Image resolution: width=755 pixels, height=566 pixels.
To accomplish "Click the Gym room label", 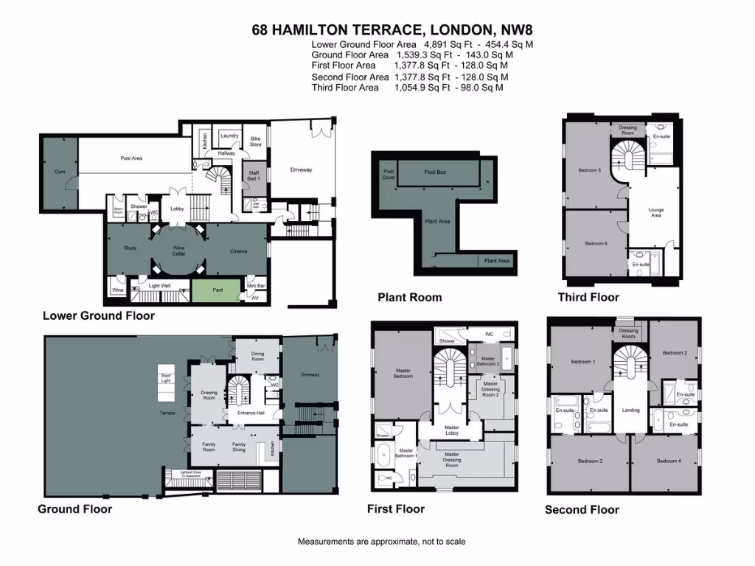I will coord(60,172).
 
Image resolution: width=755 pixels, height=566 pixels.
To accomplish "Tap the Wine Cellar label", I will coord(178,251).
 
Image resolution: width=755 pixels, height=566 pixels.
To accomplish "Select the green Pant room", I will coord(218,290).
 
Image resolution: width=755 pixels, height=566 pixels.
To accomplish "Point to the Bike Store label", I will coord(256,141).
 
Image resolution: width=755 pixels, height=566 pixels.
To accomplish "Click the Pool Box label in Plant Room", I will coord(435,172).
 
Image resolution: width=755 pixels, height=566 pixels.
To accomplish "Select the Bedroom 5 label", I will coord(589,171).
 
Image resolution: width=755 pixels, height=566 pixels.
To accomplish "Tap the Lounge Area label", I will coord(655,212).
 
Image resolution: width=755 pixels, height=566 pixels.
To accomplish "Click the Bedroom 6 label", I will coord(596,243).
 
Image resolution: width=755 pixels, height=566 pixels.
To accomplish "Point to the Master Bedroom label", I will coord(403,373).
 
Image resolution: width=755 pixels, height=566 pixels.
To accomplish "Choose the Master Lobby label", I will coord(451,430).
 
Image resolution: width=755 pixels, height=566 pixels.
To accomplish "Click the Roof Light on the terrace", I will coord(166,377).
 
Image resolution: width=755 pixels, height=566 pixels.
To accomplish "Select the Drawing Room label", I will coord(209,395).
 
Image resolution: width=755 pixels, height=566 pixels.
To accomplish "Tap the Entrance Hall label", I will coord(251,413).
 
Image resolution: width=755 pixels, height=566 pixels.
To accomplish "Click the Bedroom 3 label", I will coord(590,461).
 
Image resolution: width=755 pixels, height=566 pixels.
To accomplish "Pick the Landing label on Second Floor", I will coord(630,410).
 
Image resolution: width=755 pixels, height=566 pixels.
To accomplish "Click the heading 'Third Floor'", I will coord(588,297).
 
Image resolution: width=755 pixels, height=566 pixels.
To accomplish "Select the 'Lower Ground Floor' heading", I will coord(99,315).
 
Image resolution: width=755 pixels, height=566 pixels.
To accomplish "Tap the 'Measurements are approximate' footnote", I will coord(381,542).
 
